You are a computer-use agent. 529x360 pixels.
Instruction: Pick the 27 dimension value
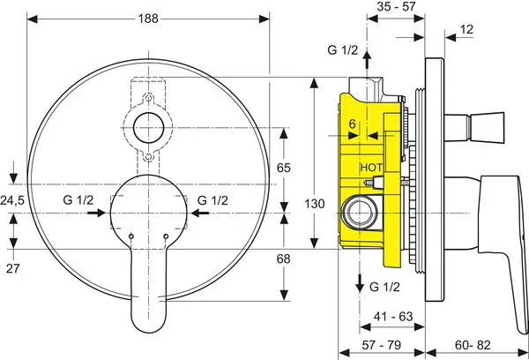pyautogui.click(x=11, y=267)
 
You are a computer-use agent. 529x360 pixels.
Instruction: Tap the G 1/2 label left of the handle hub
pyautogui.click(x=78, y=200)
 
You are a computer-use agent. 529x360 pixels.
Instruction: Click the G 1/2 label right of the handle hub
pyautogui.click(x=214, y=200)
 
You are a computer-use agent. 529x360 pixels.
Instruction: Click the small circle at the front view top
pyautogui.click(x=148, y=127)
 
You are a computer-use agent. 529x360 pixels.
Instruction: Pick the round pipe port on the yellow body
pyautogui.click(x=358, y=212)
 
